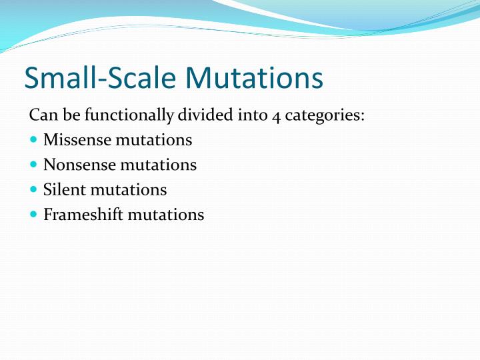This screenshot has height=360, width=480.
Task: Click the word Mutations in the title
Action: pos(255,78)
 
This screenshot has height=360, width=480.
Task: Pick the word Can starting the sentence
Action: pos(41,115)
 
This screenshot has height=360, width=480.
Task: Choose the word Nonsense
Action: pos(79,165)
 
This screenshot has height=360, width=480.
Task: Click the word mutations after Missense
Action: pos(153,140)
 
